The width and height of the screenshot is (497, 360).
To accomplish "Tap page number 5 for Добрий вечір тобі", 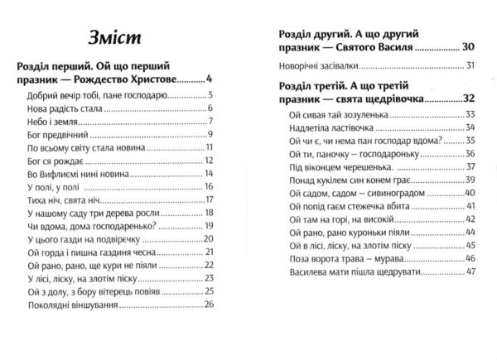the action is [x=212, y=95].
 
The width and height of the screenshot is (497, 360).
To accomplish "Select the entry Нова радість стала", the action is [x=55, y=109].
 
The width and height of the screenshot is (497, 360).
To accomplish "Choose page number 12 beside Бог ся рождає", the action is [x=210, y=160].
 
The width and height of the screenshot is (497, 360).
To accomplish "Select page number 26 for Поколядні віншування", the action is [x=210, y=305].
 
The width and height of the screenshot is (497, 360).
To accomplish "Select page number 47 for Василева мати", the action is [x=471, y=271].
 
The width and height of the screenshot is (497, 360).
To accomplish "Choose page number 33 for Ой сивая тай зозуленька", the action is [x=471, y=114].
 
